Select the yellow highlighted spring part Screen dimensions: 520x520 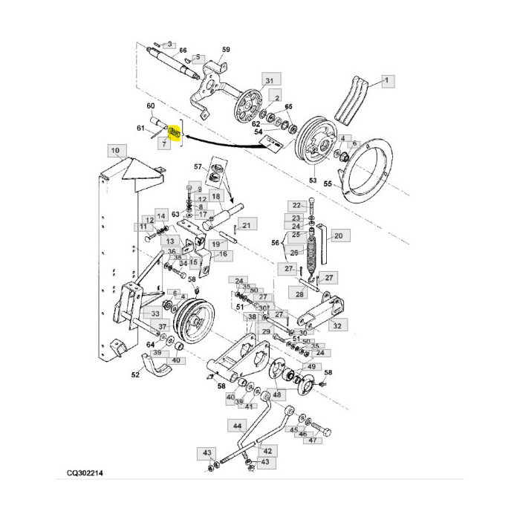(175, 133)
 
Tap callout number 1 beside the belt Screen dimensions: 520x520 (386, 79)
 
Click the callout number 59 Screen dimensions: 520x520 (226, 49)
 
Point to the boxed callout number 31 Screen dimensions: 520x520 (269, 81)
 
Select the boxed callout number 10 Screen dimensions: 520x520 (114, 151)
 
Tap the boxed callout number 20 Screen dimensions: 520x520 (337, 236)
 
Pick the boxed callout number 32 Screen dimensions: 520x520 (337, 325)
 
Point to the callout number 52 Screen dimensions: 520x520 (135, 375)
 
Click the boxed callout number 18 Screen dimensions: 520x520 (215, 196)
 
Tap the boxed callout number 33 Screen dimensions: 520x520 (155, 314)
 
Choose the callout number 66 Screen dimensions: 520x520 (183, 50)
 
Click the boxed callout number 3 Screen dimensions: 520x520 (170, 45)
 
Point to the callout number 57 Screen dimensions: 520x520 (198, 167)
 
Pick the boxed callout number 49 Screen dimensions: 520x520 (311, 367)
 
